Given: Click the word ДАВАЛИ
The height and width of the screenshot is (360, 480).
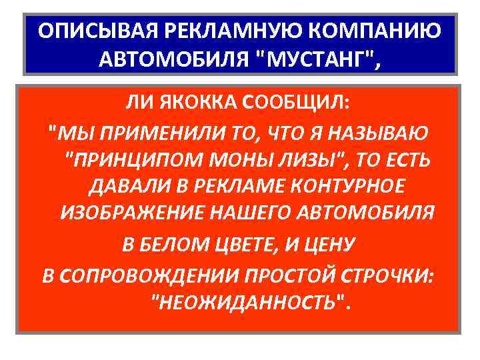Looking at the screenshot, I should [x=118, y=189].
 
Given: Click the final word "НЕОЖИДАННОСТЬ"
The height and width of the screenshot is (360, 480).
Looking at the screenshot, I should [x=250, y=303].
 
